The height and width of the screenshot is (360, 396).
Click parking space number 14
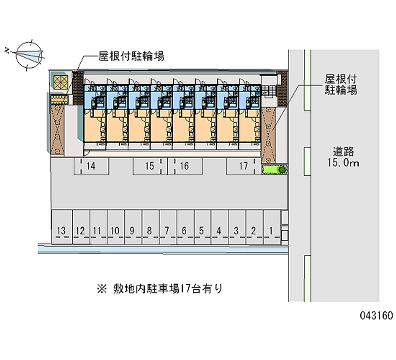pyautogui.click(x=91, y=167)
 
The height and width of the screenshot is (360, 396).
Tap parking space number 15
pyautogui.click(x=149, y=167)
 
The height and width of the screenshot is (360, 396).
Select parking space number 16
pyautogui.click(x=184, y=167)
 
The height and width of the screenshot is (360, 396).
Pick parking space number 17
pyautogui.click(x=243, y=167)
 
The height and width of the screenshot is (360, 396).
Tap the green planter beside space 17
pyautogui.click(x=274, y=170)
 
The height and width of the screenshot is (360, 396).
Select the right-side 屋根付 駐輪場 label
pyautogui.click(x=341, y=84)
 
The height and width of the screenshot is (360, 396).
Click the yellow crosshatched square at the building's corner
pyautogui.click(x=60, y=83)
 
